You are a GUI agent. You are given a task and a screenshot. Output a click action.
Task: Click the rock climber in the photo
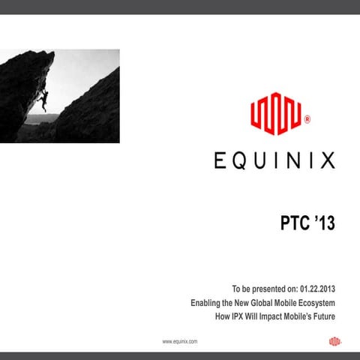pyautogui.click(x=44, y=100)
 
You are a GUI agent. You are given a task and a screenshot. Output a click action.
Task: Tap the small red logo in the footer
pyautogui.click(x=334, y=341)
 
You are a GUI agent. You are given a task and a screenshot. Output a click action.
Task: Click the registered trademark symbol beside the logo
pyautogui.click(x=307, y=119)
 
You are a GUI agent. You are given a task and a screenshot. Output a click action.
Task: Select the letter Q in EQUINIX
pyautogui.click(x=238, y=160)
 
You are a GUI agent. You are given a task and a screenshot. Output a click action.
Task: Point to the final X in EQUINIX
pyautogui.click(x=328, y=160)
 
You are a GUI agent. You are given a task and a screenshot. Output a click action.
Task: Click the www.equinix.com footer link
pyautogui.click(x=179, y=341)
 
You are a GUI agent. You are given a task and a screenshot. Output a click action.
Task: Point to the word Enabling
pyautogui.click(x=207, y=303)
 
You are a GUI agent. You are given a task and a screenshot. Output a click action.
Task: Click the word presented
pyautogui.click(x=268, y=289)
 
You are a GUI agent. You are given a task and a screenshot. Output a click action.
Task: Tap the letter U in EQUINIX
pyautogui.click(x=259, y=160)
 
